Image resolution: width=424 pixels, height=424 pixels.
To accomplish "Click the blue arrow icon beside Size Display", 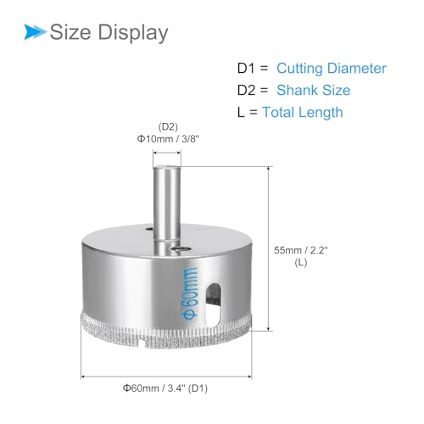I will [34, 33].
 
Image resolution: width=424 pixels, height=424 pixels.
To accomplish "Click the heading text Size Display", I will [109, 33].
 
